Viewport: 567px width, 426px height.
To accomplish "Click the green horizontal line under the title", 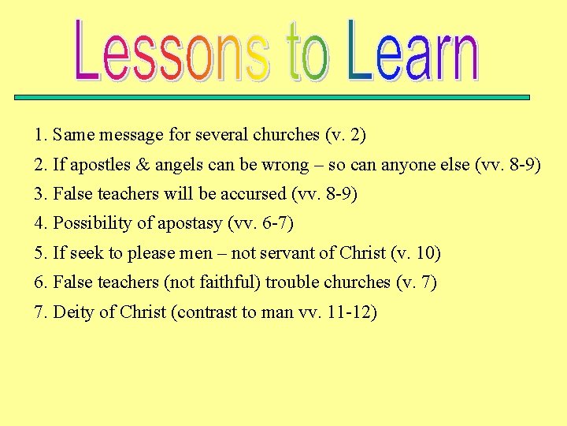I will click(272, 97).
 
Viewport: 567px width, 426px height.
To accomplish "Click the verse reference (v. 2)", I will click(345, 136).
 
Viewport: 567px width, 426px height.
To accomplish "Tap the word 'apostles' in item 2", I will click(98, 166).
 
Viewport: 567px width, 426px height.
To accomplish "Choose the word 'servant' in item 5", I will click(281, 254).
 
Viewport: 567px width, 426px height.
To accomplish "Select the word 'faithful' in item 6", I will click(232, 282).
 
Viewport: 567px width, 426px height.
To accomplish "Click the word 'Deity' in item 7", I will click(74, 313).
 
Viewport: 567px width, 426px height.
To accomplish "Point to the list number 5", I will click(39, 254).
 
